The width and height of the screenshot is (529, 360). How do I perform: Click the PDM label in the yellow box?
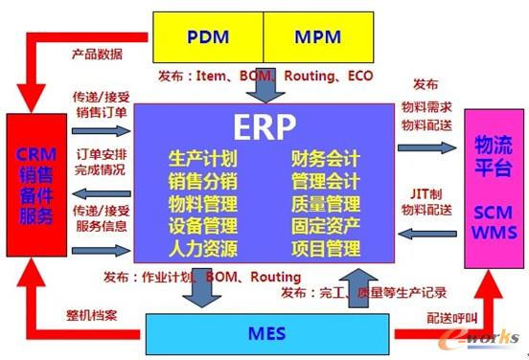tap(208, 39)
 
